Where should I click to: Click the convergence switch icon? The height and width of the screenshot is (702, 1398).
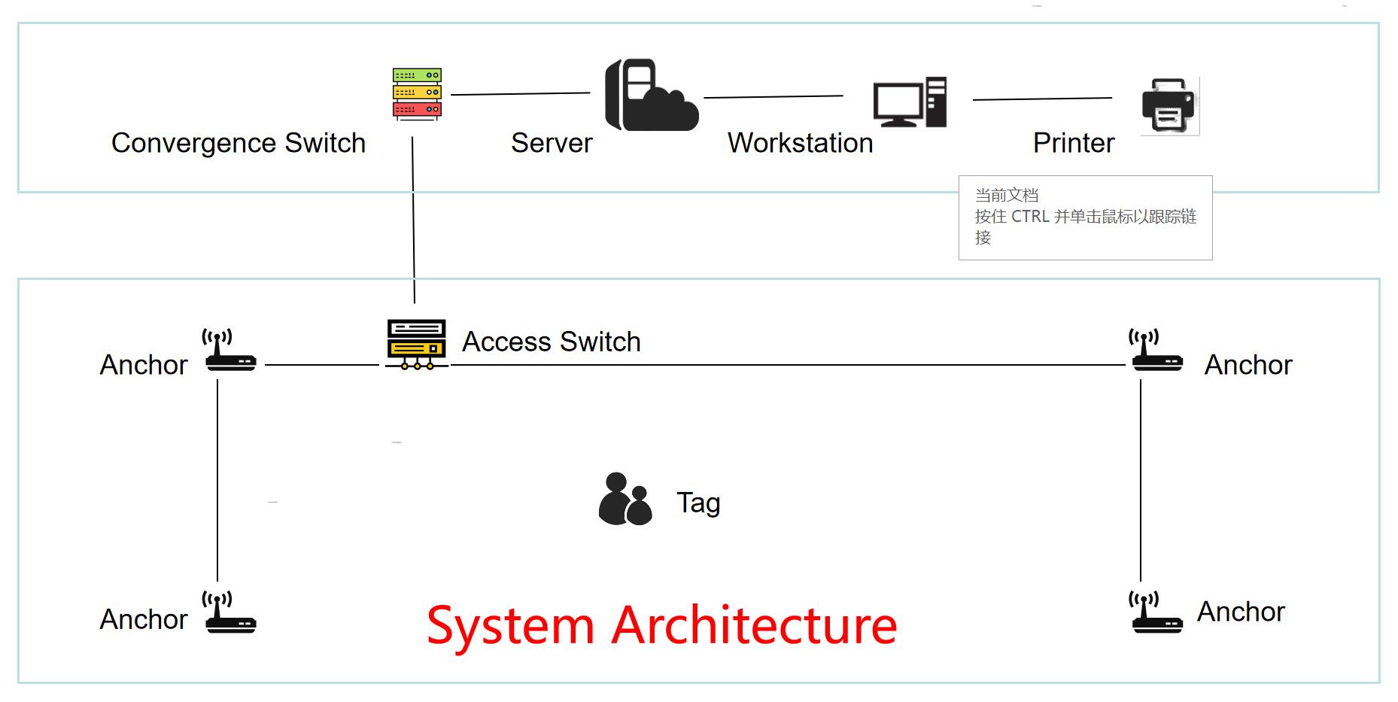417,94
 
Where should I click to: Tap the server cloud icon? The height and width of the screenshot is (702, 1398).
652,95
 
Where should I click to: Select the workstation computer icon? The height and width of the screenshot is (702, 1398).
910,102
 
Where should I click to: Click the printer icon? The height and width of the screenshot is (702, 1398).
1169,105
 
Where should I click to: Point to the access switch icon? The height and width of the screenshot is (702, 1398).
417,344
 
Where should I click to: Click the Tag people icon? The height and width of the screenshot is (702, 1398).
625,498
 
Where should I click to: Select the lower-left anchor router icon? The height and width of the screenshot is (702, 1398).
229,612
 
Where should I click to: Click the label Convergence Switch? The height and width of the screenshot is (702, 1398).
239,143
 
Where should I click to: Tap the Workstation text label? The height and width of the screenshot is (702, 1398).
800,143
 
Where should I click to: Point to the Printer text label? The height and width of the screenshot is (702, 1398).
1074,143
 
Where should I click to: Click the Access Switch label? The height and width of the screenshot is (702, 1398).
552,342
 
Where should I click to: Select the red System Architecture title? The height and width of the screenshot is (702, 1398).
662,625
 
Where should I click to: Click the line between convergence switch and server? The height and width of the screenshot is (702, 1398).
521,94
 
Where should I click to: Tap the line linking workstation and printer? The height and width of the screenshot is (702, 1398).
1042,99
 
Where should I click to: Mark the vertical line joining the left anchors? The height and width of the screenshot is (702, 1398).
217,481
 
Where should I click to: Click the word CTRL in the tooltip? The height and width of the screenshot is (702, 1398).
1030,217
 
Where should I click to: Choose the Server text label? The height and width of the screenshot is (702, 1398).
552,143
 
